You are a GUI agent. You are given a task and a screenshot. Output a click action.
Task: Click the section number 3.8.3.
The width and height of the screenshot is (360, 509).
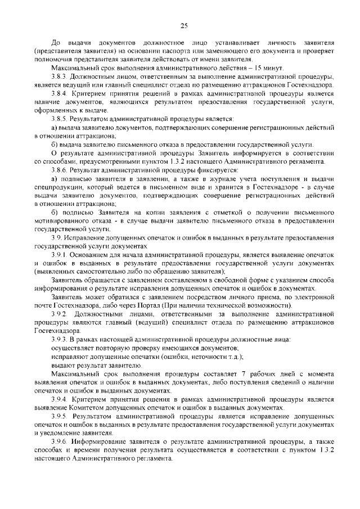[59, 76]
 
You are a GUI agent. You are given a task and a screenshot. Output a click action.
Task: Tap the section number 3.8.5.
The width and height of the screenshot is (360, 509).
[59, 120]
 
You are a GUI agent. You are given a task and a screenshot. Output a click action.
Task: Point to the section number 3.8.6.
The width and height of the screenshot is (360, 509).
[59, 170]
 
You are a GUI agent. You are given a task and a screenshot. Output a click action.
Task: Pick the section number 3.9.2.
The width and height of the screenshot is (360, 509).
[60, 313]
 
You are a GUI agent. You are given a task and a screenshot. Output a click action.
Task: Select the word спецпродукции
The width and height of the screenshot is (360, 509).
[57, 187]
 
